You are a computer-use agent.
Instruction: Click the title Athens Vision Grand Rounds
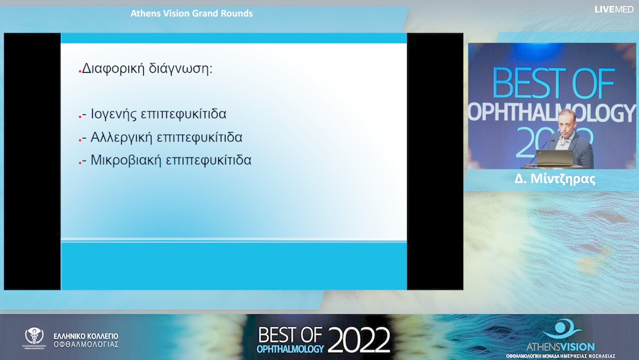pos(192,14)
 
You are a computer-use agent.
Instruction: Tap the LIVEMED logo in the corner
pos(614,9)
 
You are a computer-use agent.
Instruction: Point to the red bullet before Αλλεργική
pos(80,139)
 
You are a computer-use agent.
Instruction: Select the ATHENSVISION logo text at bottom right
pos(560,346)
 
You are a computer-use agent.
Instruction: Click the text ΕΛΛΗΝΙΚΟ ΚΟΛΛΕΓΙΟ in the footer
pos(86,336)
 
